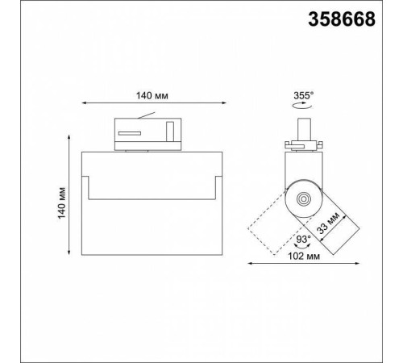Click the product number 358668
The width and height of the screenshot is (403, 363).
(x=342, y=19)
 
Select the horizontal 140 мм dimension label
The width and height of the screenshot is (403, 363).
(x=152, y=96)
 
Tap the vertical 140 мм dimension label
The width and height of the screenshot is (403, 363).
(x=62, y=203)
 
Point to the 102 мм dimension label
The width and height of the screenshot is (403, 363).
(x=304, y=257)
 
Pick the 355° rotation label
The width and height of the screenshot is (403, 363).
(x=304, y=95)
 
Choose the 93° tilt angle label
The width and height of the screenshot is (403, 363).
(x=303, y=239)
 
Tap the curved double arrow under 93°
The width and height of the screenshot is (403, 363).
(x=303, y=247)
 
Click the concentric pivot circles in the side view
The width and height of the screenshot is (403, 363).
(x=304, y=199)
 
